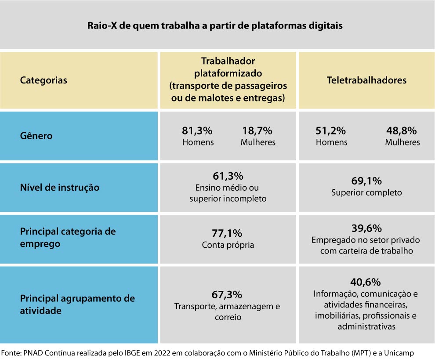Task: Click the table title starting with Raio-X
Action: [214, 25]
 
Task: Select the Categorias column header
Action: [43, 80]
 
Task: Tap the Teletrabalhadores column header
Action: [366, 80]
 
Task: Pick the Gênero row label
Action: [36, 136]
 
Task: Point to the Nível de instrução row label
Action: [60, 188]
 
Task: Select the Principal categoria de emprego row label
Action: [68, 237]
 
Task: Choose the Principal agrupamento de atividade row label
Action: [77, 304]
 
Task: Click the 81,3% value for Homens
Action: [197, 131]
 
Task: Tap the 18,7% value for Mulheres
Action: [257, 131]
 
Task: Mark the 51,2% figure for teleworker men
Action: [330, 131]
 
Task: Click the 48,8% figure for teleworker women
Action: [402, 131]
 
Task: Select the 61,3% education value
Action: [228, 176]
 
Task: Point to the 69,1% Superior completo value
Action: [366, 181]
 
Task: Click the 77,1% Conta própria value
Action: [228, 233]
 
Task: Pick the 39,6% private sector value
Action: [366, 228]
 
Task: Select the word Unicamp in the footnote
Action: [399, 353]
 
